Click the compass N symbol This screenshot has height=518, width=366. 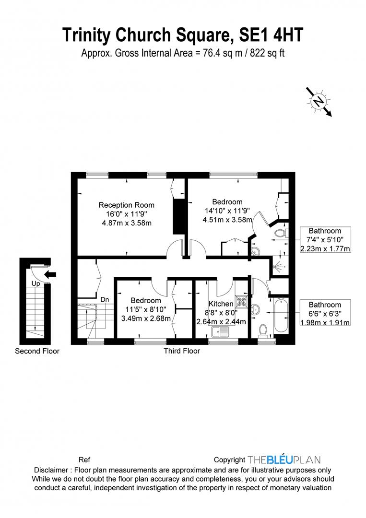click(x=318, y=101)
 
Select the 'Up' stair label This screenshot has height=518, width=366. click(x=36, y=283)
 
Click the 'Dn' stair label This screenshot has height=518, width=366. click(x=105, y=299)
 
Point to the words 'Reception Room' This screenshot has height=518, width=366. click(x=127, y=205)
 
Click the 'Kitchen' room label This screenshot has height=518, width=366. click(x=221, y=304)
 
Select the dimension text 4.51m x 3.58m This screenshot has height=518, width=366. click(x=227, y=220)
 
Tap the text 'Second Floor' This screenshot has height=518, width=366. click(x=37, y=351)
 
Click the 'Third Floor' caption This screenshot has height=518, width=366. click(x=182, y=351)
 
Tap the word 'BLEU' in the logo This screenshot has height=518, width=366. click(x=283, y=459)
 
